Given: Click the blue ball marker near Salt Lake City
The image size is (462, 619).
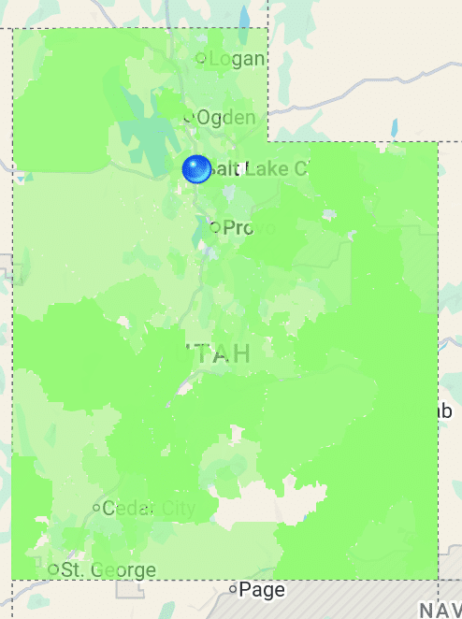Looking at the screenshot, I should (x=196, y=169).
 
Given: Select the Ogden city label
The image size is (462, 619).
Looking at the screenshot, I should (x=225, y=118).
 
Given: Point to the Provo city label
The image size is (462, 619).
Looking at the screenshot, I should (x=249, y=227).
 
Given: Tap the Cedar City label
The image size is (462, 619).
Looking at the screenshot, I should (x=149, y=509).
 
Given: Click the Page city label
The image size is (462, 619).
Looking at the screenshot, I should (x=262, y=590).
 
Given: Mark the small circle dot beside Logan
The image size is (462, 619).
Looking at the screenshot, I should (x=200, y=59).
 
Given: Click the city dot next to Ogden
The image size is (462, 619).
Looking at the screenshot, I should (x=189, y=118).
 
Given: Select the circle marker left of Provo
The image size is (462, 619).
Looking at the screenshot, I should (x=215, y=226).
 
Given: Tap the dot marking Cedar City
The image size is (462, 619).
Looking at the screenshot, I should (x=96, y=508).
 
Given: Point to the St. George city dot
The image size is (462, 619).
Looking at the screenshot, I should (x=53, y=569).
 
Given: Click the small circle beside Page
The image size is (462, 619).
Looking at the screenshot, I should (x=233, y=589).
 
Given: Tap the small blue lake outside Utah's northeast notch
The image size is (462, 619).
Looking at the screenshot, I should (x=395, y=126).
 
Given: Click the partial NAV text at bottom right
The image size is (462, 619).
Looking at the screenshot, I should (x=440, y=610).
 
